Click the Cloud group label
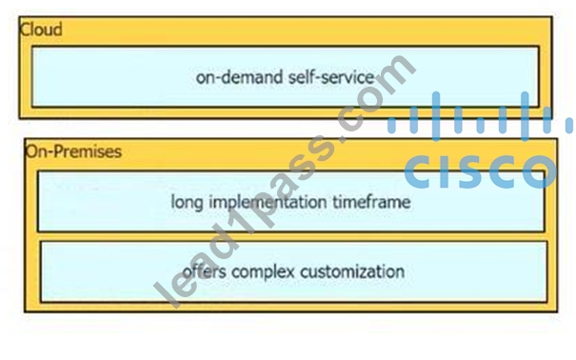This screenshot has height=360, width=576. [x=41, y=30]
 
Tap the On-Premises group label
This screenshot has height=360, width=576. [x=73, y=151]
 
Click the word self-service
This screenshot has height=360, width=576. [x=331, y=77]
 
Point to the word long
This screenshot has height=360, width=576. [x=187, y=202]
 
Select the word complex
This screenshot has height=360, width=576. [x=264, y=271]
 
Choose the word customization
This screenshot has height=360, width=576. [x=352, y=271]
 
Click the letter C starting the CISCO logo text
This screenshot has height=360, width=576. [x=419, y=171]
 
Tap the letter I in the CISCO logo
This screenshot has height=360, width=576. [x=447, y=171]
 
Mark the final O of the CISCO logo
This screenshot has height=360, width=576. [x=541, y=171]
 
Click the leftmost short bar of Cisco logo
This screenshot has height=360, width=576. [x=392, y=126]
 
